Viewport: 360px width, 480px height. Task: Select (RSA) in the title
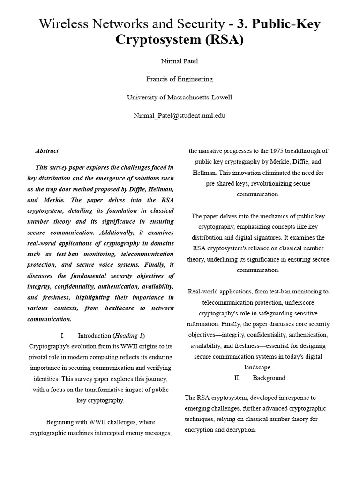pyautogui.click(x=223, y=40)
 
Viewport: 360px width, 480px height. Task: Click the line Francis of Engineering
pyautogui.click(x=180, y=79)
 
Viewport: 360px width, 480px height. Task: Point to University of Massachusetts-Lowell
pyautogui.click(x=180, y=97)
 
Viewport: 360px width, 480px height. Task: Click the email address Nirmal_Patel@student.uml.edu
pyautogui.click(x=180, y=115)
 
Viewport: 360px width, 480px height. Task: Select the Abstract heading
pyautogui.click(x=47, y=151)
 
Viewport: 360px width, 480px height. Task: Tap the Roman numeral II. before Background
pyautogui.click(x=237, y=378)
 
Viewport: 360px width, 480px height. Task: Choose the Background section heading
pyautogui.click(x=269, y=378)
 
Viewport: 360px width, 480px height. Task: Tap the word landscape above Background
pyautogui.click(x=258, y=367)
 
